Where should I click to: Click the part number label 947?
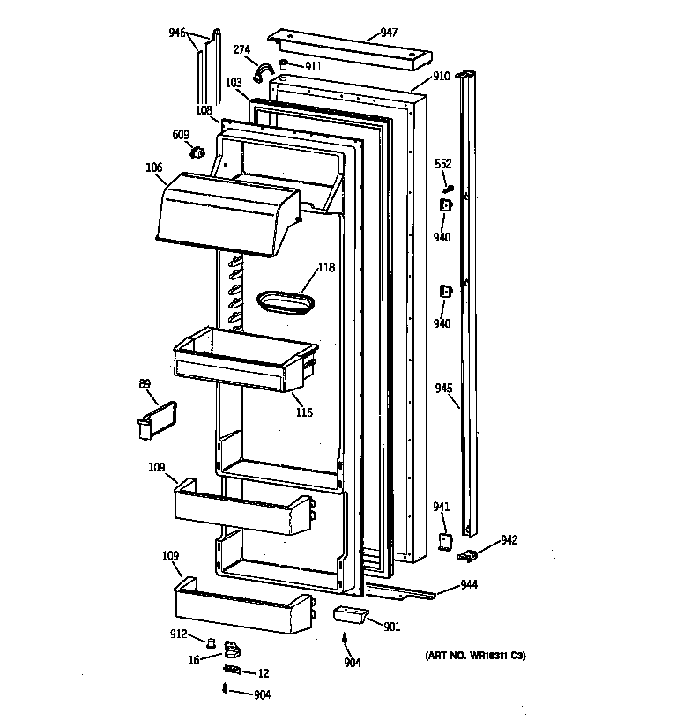tap(389, 33)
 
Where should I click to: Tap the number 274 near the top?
tap(241, 49)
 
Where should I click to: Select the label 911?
tap(313, 66)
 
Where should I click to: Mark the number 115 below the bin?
tap(303, 412)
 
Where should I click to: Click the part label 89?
tap(144, 383)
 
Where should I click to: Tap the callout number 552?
tap(443, 164)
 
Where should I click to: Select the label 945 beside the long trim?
tap(443, 387)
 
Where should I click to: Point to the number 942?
tap(509, 540)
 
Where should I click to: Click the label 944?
tap(468, 584)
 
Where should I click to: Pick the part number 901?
tap(391, 627)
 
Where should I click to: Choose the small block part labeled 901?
tap(348, 613)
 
